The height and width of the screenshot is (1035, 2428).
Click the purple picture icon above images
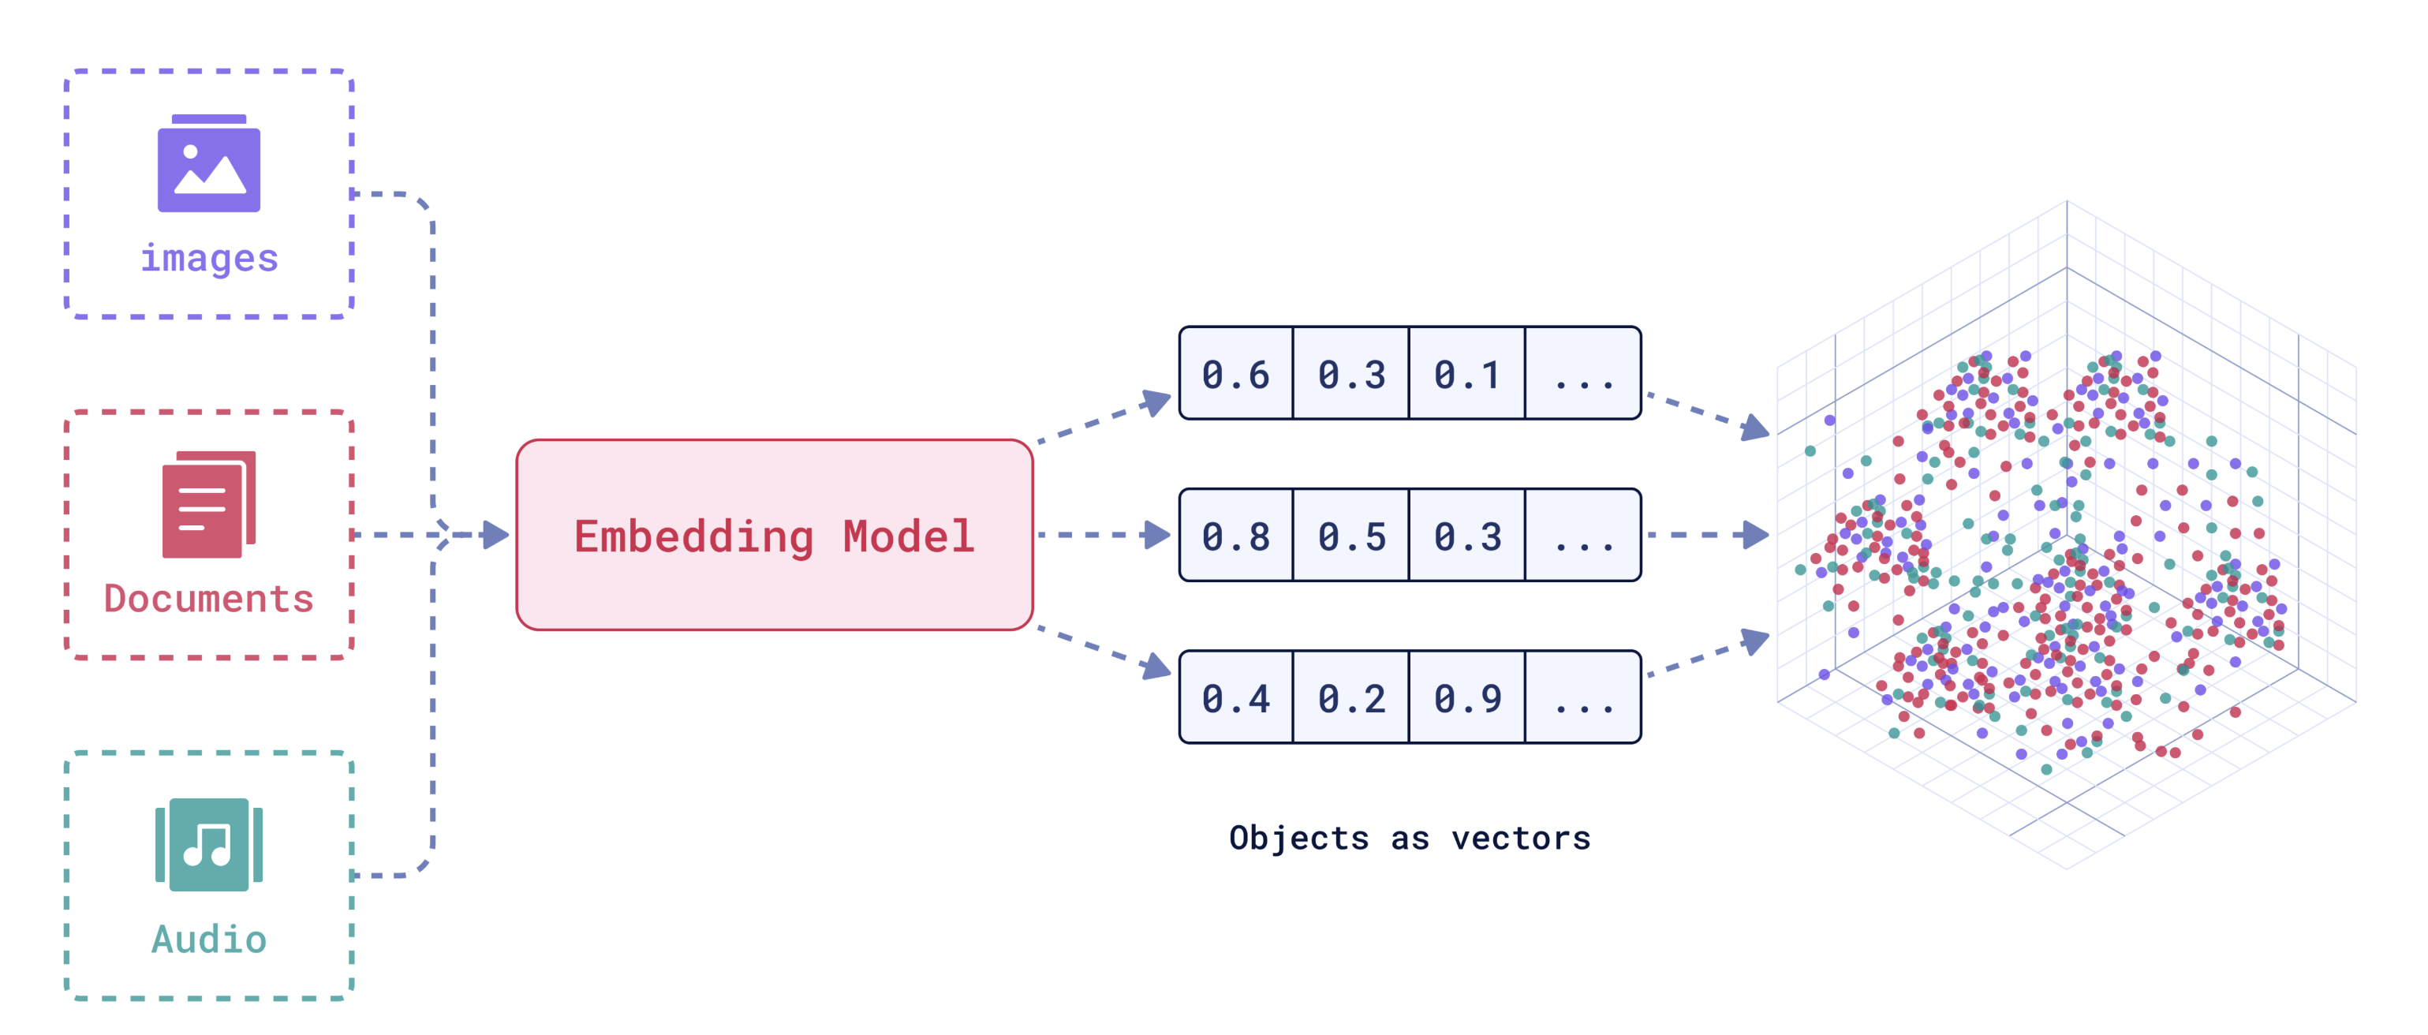pos(208,163)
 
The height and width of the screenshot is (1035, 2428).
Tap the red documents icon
pos(208,504)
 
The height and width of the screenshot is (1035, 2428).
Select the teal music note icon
pos(208,845)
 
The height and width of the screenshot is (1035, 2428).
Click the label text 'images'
pos(209,258)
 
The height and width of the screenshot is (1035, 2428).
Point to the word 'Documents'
pos(208,599)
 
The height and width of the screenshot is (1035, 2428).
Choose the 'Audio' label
pos(209,939)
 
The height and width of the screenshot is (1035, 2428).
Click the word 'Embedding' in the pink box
pos(693,537)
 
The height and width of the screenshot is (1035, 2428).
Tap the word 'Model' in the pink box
pos(909,536)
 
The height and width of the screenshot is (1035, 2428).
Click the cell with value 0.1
pos(1466,373)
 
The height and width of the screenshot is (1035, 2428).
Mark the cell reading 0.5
pos(1351,536)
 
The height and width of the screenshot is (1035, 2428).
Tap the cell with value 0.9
pos(1466,697)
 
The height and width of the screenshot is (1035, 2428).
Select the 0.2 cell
pos(1351,697)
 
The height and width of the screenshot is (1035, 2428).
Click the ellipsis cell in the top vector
pos(1582,373)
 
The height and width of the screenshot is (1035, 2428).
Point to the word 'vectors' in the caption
pos(1522,837)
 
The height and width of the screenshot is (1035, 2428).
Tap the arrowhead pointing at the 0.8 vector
pos(1156,535)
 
